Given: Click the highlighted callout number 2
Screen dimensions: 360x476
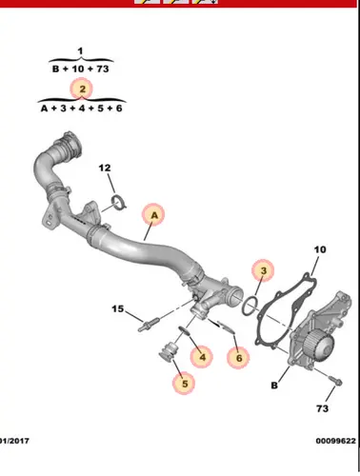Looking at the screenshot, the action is coord(82,89).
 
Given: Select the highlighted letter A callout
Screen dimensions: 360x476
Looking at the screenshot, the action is coord(154,215).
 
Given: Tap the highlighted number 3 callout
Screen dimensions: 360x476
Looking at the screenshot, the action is coord(263,270).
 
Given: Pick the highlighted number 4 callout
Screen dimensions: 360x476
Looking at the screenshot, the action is coord(202,357).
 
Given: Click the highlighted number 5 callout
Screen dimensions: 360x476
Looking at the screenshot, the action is coord(185,384).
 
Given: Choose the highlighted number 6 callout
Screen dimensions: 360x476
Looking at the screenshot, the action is coord(239,358).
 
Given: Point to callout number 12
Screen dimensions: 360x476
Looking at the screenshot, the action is coord(105,168).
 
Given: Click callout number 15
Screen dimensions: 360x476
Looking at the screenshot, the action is coord(117,308).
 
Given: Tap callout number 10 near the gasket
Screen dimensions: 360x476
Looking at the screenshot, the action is coord(320,249).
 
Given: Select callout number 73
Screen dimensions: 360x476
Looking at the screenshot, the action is coord(322,408).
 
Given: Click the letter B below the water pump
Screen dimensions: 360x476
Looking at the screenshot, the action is coord(274,386).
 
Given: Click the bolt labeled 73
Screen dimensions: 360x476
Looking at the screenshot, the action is coord(335,380).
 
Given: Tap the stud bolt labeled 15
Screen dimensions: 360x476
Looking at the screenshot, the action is coord(150,326).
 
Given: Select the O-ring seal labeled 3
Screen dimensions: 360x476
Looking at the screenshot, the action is coord(250,306).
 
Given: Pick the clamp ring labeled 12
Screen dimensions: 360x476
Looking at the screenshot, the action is coord(119,203).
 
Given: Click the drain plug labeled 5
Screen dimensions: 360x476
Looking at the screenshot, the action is coord(169,351).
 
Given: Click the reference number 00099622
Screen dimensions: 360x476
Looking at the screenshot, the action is coord(335,441).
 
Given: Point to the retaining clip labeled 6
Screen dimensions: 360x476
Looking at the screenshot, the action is coord(227,327).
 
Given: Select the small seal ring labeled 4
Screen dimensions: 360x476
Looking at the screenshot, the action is coord(185,330).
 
